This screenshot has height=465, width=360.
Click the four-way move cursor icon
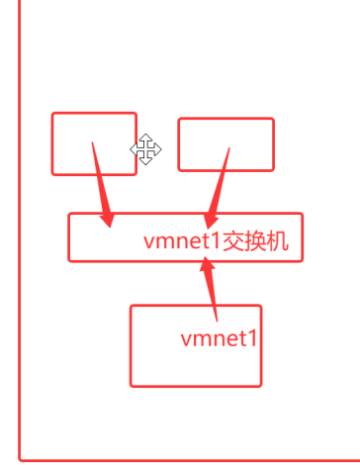[x=145, y=149]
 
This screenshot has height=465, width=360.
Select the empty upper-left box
[x=52, y=143]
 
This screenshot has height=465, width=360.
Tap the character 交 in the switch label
[x=232, y=241]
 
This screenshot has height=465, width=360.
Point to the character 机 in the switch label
[x=278, y=241]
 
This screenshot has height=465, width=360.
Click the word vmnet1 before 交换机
[x=182, y=241]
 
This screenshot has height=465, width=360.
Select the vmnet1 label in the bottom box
[x=219, y=338]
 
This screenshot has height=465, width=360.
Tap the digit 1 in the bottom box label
[x=252, y=338]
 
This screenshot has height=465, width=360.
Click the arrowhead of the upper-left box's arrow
[x=107, y=221]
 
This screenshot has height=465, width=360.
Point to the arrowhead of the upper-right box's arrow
[x=210, y=221]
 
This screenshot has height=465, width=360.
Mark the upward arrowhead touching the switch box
[x=207, y=263]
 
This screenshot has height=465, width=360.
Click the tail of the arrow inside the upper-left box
[x=92, y=142]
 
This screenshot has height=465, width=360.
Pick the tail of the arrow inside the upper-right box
[x=229, y=148]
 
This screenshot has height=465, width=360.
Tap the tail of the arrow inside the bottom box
[x=217, y=321]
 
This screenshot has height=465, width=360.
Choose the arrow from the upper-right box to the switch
[x=218, y=188]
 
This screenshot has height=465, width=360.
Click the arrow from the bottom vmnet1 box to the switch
[x=211, y=289]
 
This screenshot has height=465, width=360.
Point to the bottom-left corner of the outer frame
[x=20, y=460]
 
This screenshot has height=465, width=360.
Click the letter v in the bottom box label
[x=187, y=340]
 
